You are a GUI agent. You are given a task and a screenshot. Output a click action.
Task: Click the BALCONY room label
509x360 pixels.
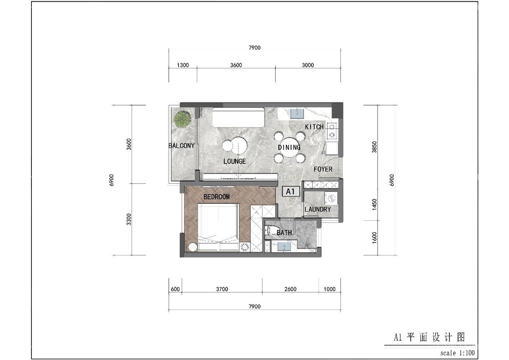pyautogui.click(x=182, y=146)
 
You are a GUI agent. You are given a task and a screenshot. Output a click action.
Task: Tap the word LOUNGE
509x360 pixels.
pyautogui.click(x=235, y=161)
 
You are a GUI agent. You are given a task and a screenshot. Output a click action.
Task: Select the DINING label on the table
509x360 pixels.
pyautogui.click(x=289, y=147)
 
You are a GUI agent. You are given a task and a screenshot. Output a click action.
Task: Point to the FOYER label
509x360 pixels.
pyautogui.click(x=323, y=169)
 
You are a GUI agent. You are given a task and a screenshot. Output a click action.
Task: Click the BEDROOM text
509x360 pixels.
pyautogui.click(x=216, y=197)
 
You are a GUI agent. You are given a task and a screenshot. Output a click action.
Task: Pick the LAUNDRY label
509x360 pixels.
pyautogui.click(x=318, y=209)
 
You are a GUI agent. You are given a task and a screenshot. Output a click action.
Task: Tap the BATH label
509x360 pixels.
pyautogui.click(x=284, y=233)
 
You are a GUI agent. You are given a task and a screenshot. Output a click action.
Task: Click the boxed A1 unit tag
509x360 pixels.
pyautogui.click(x=291, y=192)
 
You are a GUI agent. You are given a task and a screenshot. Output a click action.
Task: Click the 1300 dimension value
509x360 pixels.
pyautogui.click(x=183, y=65)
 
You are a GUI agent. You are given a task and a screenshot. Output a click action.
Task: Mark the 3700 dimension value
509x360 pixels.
pyautogui.click(x=222, y=290)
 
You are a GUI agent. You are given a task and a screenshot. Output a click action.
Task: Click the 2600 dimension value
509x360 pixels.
pyautogui.click(x=291, y=290)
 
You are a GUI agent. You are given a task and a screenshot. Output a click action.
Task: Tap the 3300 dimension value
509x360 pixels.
pyautogui.click(x=129, y=219)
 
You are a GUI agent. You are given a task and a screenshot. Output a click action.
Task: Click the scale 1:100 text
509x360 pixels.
pyautogui.click(x=457, y=353)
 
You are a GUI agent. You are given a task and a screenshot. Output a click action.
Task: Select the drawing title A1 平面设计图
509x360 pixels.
pyautogui.click(x=429, y=337)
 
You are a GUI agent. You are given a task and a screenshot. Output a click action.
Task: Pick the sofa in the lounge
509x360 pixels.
pyautogui.click(x=238, y=118)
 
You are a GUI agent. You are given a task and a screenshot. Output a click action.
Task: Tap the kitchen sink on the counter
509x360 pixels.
pyautogui.click(x=298, y=113)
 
